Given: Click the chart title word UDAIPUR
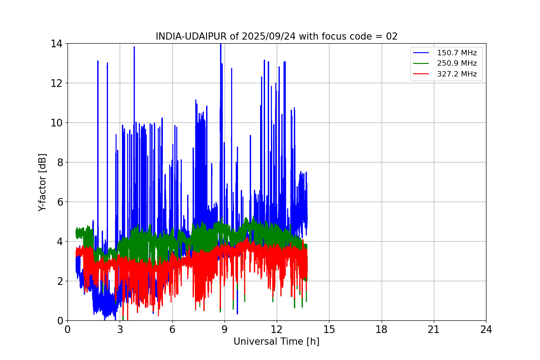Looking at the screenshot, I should point(205,36).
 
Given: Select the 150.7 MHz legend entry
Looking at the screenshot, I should point(457,53).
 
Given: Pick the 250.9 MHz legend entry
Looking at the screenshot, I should point(457,63).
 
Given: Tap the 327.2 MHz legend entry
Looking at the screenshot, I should point(457,74).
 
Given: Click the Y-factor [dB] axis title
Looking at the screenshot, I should point(43,182).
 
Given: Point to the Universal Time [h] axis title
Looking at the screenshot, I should point(276,342).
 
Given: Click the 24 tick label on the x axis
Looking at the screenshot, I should point(486,329).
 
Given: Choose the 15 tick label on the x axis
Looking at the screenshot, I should point(329,329).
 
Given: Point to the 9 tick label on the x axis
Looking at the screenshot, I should point(225,329).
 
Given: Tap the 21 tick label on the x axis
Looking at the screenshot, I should point(434,329).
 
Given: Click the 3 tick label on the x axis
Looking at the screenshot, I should point(120,329).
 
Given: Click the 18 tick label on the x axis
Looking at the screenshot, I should point(382,329).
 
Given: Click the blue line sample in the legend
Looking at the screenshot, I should point(422,53).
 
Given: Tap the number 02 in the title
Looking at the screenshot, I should point(392,36).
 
